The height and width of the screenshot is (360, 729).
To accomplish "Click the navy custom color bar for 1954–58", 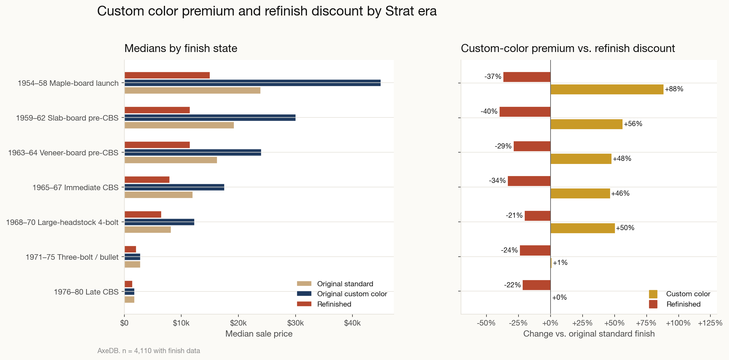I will [252, 83].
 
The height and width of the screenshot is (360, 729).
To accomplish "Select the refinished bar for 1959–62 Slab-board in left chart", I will [157, 110].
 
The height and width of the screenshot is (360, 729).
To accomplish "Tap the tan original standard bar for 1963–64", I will [171, 160].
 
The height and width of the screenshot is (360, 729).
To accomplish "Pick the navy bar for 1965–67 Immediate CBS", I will [174, 187].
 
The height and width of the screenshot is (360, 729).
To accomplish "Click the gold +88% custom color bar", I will [607, 89].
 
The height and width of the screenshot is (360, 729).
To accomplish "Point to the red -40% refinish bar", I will [525, 112].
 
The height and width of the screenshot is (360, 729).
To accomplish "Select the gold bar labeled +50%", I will [583, 228].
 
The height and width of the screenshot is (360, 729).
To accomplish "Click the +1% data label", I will [560, 263].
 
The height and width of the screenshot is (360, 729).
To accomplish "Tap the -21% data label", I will [514, 216].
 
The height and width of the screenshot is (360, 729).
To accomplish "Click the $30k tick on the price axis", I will [295, 323].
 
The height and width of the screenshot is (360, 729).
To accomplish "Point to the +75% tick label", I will [646, 323].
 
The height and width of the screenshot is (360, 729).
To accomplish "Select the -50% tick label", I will [486, 323].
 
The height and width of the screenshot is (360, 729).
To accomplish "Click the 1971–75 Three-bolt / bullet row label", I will [72, 257].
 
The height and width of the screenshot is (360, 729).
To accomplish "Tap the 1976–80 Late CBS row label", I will [86, 292].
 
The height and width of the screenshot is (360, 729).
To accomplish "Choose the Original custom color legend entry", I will [352, 294].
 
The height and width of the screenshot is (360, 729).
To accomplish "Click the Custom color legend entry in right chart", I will [688, 294].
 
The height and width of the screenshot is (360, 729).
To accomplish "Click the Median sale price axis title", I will [259, 334].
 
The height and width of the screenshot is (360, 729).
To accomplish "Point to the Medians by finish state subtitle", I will [181, 48].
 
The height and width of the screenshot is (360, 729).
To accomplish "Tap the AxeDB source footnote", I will [148, 351].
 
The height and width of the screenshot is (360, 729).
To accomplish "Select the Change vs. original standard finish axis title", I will [589, 334].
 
